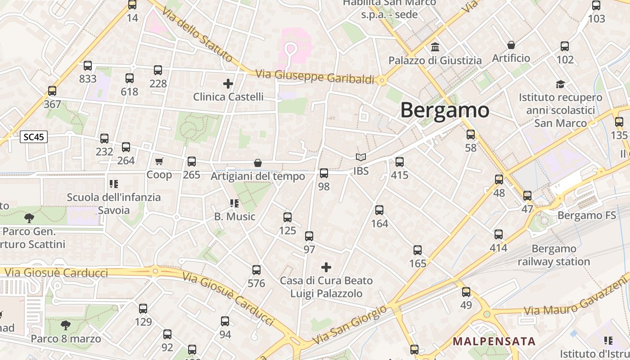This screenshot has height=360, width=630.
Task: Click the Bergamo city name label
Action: click(x=445, y=110)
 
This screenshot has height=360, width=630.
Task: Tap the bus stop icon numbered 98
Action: click(x=324, y=173)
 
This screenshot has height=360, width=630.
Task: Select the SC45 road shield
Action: click(x=34, y=137)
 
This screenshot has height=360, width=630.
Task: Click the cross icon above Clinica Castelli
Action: click(x=228, y=83)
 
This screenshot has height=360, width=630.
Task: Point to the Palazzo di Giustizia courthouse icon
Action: click(x=435, y=47)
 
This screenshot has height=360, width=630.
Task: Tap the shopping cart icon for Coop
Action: click(x=159, y=161)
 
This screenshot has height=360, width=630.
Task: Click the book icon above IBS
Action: click(x=360, y=157)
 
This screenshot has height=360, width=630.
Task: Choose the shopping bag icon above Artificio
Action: click(x=511, y=45)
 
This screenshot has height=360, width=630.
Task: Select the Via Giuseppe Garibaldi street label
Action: click(x=315, y=76)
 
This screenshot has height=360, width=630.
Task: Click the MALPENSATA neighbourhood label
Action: click(x=494, y=341)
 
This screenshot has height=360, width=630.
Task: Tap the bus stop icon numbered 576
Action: click(x=256, y=270)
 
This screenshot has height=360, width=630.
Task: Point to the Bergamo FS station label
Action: click(x=586, y=216)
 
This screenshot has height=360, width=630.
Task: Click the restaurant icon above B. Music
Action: click(x=234, y=203)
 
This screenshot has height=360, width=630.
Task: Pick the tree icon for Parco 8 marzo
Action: click(x=66, y=325)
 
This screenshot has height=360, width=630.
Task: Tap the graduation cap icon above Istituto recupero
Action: click(x=560, y=84)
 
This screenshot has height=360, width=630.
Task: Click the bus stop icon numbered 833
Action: click(x=88, y=66)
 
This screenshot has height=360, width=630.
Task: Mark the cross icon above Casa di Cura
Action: click(x=326, y=267)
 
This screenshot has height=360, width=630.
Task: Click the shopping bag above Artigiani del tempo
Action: click(x=258, y=162)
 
